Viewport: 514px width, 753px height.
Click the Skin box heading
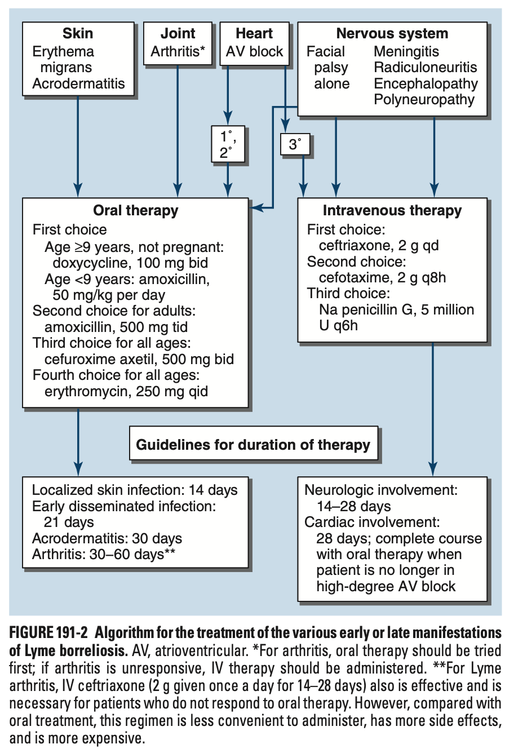point(78,34)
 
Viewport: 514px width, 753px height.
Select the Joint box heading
point(178,34)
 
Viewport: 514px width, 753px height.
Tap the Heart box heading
point(254,34)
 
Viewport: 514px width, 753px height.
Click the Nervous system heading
point(392,34)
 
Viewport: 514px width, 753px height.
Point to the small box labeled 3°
point(295,145)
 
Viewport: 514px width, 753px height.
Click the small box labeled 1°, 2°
point(227,144)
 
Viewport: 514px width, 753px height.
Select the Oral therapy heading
point(135,211)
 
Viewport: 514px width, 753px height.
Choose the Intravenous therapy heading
point(392,211)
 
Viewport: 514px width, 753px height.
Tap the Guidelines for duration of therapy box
point(254,445)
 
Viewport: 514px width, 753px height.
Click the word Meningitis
point(406,52)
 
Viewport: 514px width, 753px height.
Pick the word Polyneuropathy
point(424,100)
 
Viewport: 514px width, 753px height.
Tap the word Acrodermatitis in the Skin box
point(79,84)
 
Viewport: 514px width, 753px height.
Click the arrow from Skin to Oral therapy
point(78,147)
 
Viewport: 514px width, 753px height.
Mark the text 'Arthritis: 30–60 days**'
point(104,555)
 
